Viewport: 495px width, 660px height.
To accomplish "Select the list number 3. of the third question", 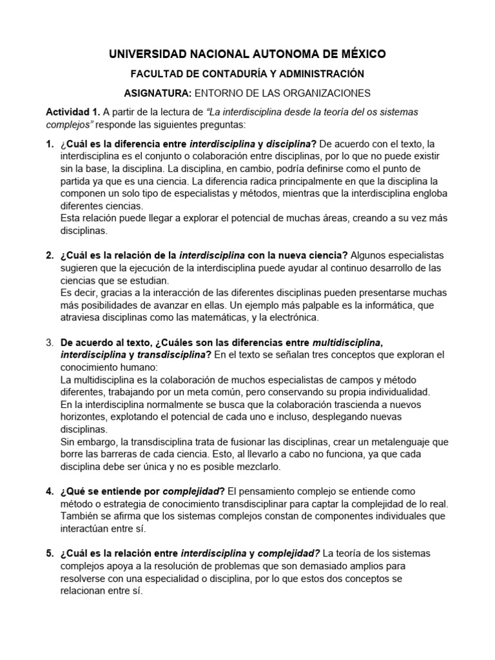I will [50, 342].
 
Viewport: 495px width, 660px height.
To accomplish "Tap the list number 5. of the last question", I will [50, 554].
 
